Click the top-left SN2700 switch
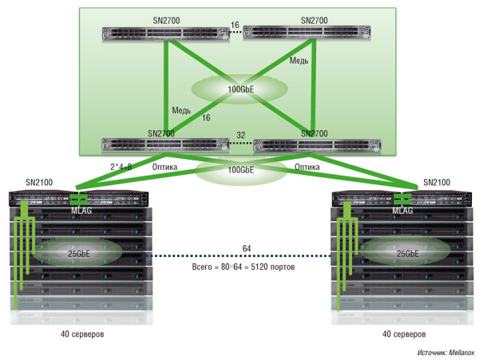164,34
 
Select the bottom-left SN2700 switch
164,145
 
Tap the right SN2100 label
437,183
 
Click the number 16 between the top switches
235,26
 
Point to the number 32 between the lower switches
241,135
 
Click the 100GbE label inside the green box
239,89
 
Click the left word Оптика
165,167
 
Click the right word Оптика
307,167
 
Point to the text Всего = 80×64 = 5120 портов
244,267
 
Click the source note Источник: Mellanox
445,352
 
